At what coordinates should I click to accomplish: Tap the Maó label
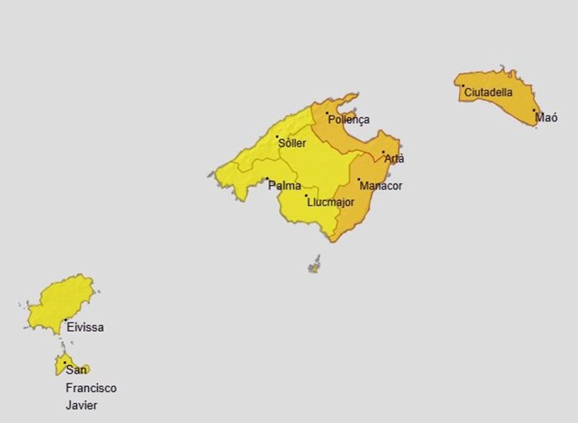point(546,118)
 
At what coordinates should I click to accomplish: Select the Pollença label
point(348,120)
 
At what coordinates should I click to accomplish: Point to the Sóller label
point(292,143)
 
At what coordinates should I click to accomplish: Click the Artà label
point(394,158)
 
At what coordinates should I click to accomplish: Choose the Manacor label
point(380,185)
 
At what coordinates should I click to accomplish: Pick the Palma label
point(285,186)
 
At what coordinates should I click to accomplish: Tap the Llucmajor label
point(331,202)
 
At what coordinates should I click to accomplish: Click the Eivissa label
point(85,328)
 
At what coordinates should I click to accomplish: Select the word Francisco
point(91,388)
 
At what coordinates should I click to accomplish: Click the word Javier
point(82,406)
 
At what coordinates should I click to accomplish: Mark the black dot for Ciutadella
point(462,85)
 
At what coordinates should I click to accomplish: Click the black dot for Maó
point(534,110)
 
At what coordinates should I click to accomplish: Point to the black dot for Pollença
point(328,113)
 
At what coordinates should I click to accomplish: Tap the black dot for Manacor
point(359,179)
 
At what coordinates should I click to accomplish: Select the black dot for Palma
point(266,179)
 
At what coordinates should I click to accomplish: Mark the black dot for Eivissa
point(65,320)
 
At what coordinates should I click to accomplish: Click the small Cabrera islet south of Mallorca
point(314,266)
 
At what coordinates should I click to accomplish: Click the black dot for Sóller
point(277,137)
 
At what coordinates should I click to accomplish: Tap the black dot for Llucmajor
point(306,196)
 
